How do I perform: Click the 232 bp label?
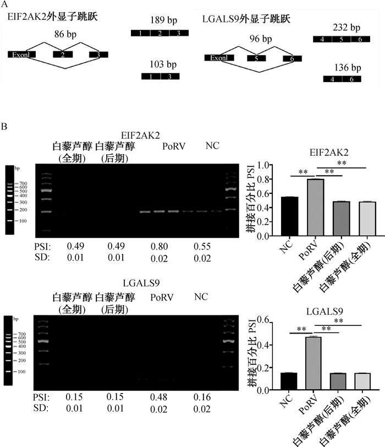(x=346, y=28)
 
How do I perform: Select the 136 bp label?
(x=346, y=68)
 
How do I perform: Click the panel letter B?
(x=5, y=127)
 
